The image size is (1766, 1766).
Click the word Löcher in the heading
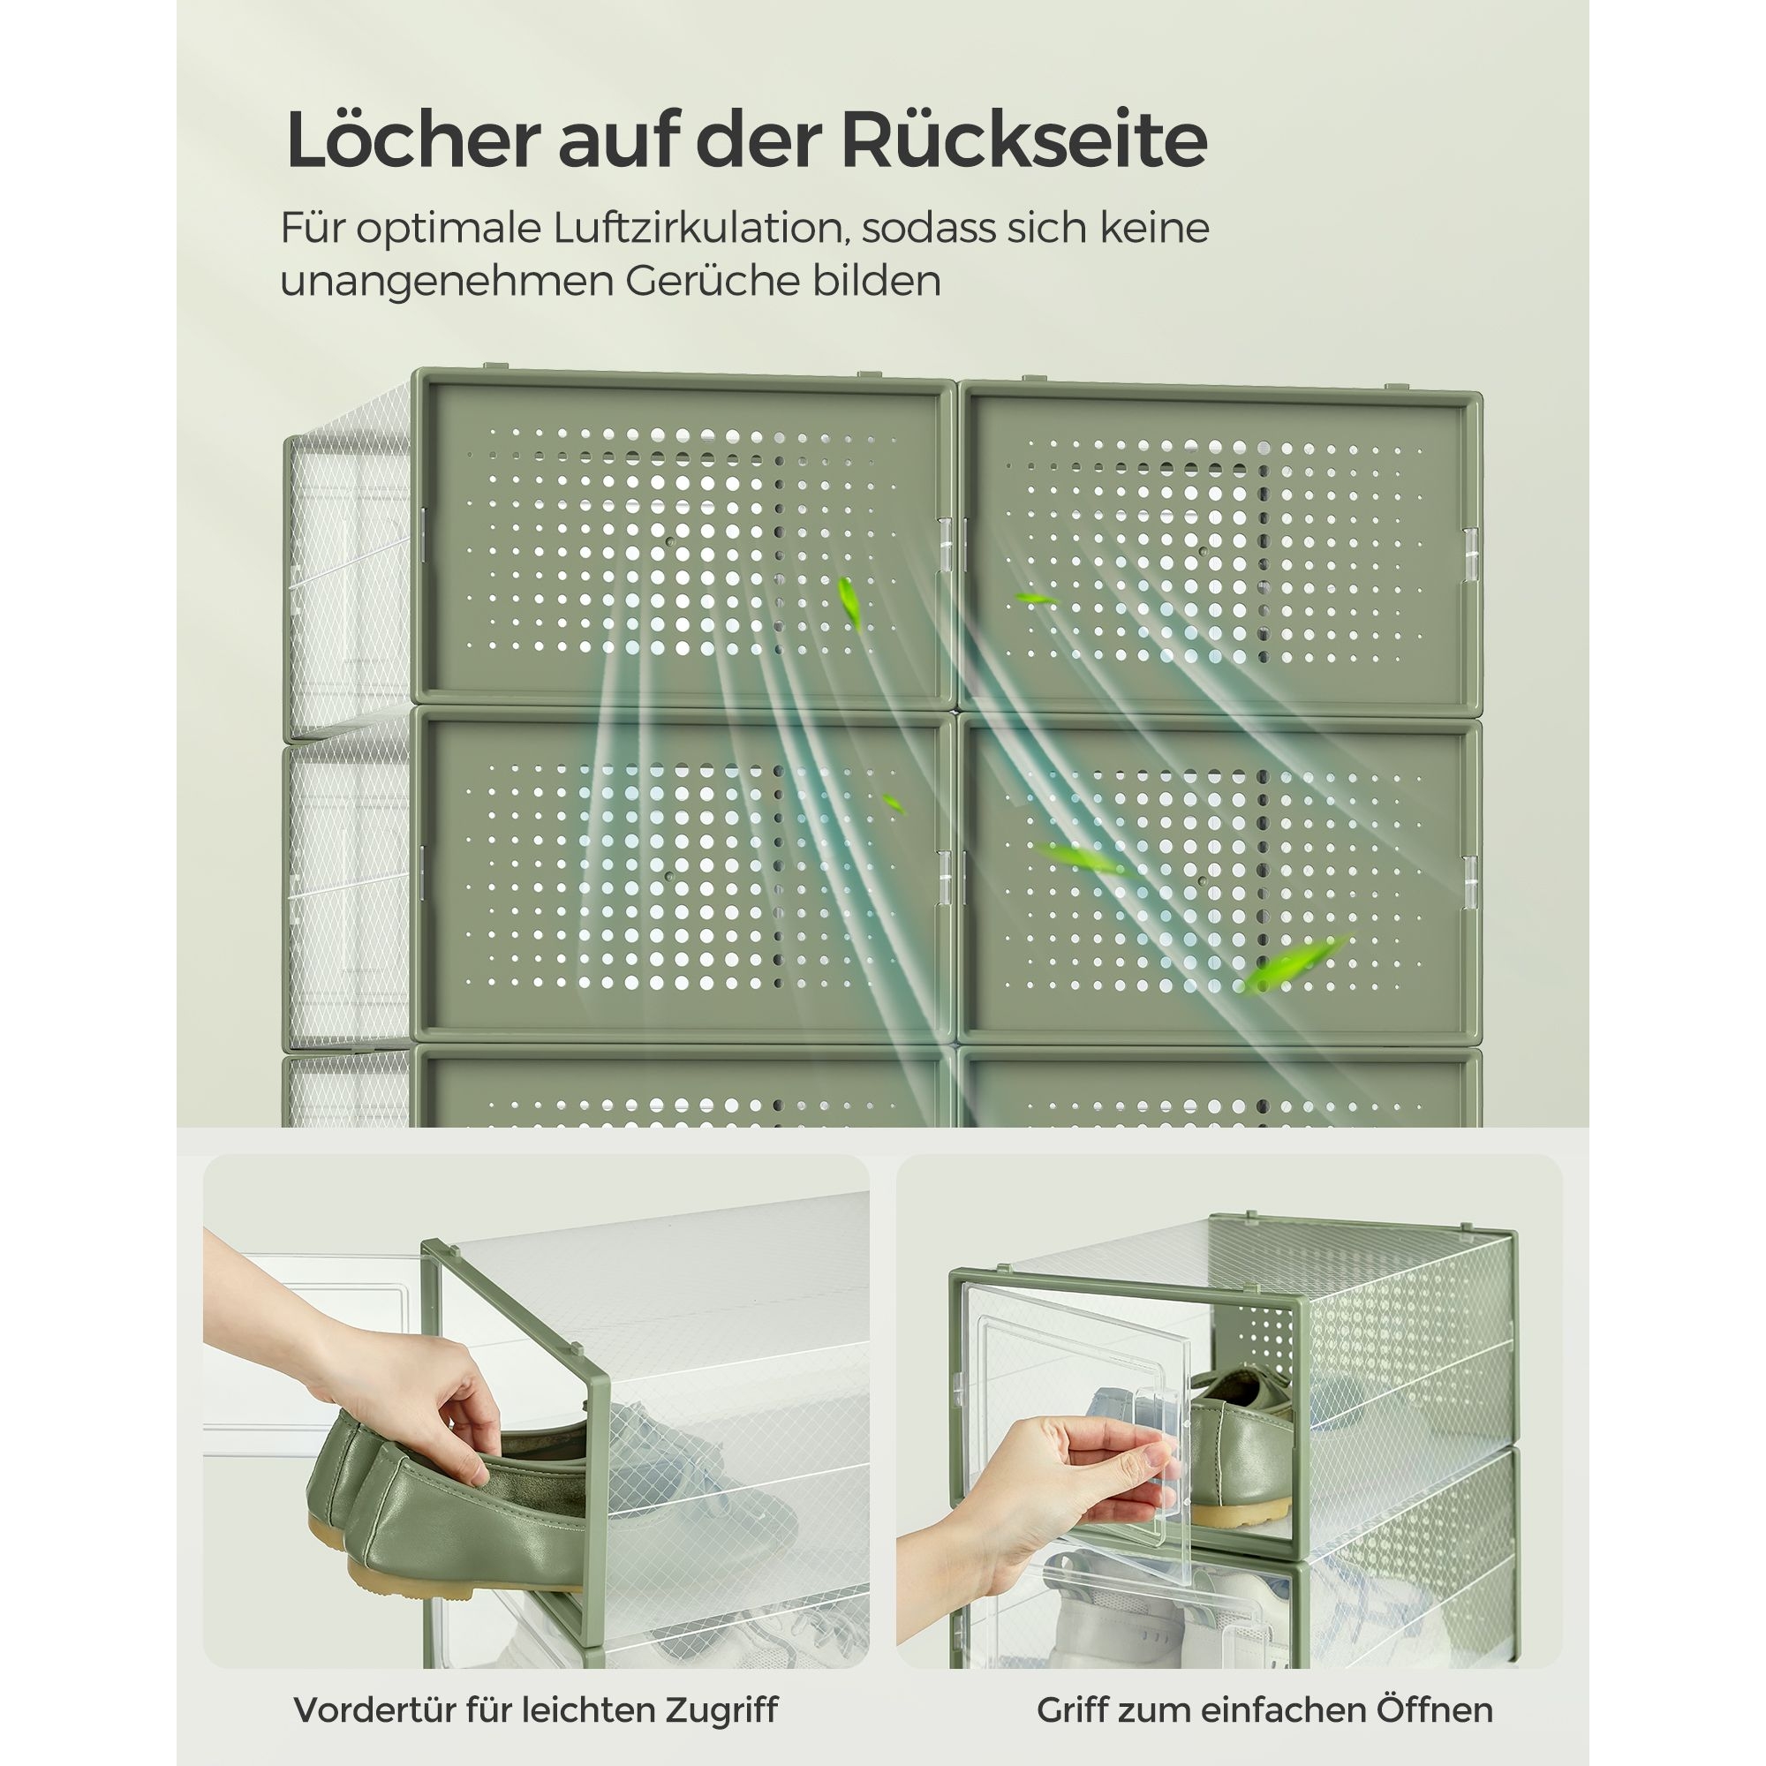pos(412,140)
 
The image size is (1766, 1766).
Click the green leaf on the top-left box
pos(850,602)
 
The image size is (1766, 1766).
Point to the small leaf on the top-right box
pos(1037,599)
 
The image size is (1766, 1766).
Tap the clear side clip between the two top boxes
pos(945,547)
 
